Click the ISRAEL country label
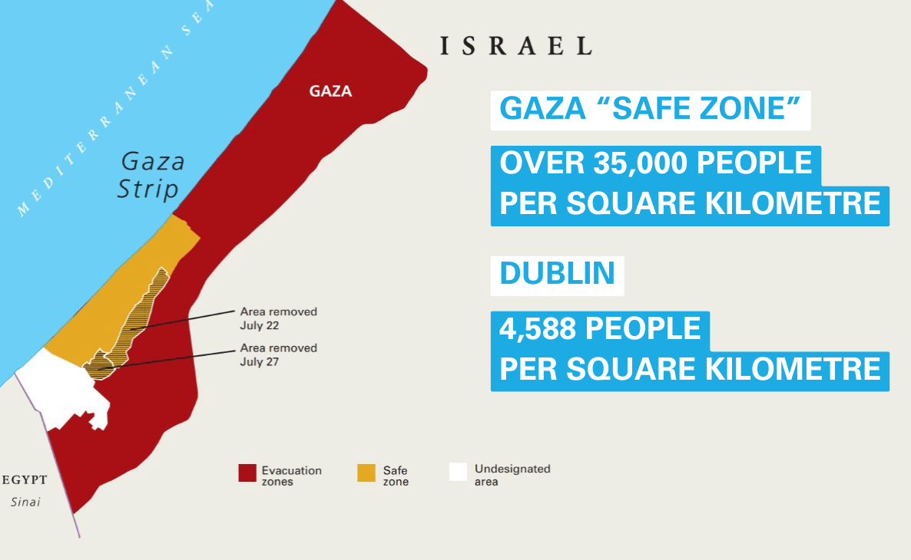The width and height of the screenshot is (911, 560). click(515, 46)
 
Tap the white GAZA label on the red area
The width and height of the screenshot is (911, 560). click(330, 91)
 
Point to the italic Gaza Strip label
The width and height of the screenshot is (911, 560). click(151, 175)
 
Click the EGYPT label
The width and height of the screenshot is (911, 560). click(25, 480)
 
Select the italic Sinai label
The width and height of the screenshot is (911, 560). click(25, 502)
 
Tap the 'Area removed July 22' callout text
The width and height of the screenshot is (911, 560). click(278, 318)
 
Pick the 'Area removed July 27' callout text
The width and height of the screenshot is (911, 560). click(278, 354)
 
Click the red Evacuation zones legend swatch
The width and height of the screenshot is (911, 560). click(247, 473)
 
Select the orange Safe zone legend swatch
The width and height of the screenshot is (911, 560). click(366, 473)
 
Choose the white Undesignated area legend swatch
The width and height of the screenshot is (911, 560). click(459, 472)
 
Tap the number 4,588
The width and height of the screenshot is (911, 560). click(538, 328)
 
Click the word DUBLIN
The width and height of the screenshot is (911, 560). click(557, 274)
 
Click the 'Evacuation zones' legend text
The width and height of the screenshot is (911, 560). click(291, 476)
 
